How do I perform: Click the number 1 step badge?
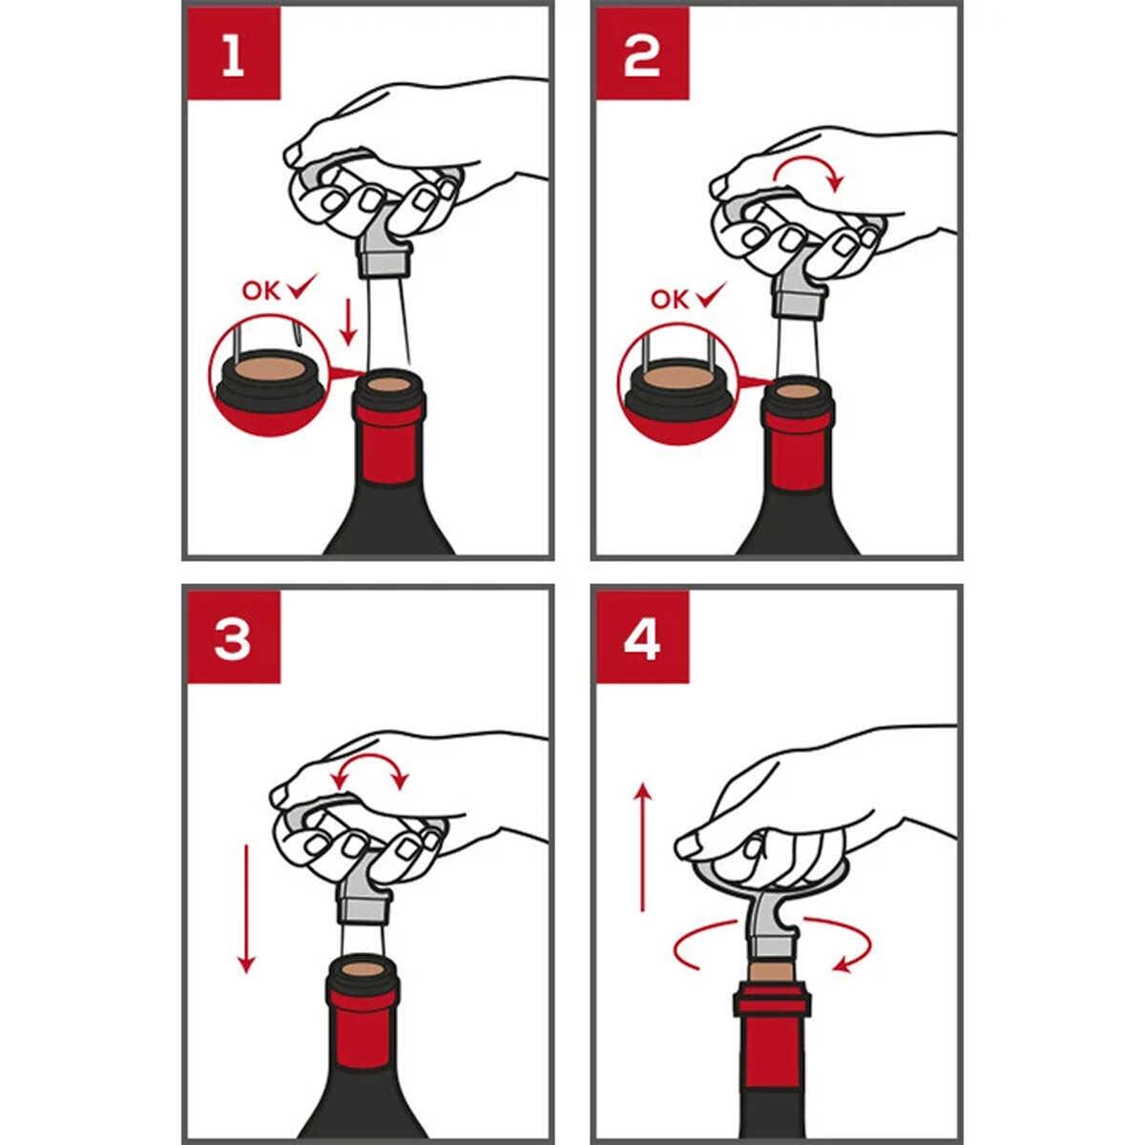click(234, 53)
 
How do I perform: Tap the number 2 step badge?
click(643, 53)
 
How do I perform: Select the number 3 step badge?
click(234, 636)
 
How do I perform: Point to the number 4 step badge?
click(643, 636)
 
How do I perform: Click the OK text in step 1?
click(260, 291)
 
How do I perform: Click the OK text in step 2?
click(670, 300)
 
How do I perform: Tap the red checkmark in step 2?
click(712, 295)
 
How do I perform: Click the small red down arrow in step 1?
click(348, 323)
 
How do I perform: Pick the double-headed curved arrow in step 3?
click(369, 758)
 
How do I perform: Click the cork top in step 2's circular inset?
click(681, 378)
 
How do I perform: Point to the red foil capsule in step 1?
click(389, 439)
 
